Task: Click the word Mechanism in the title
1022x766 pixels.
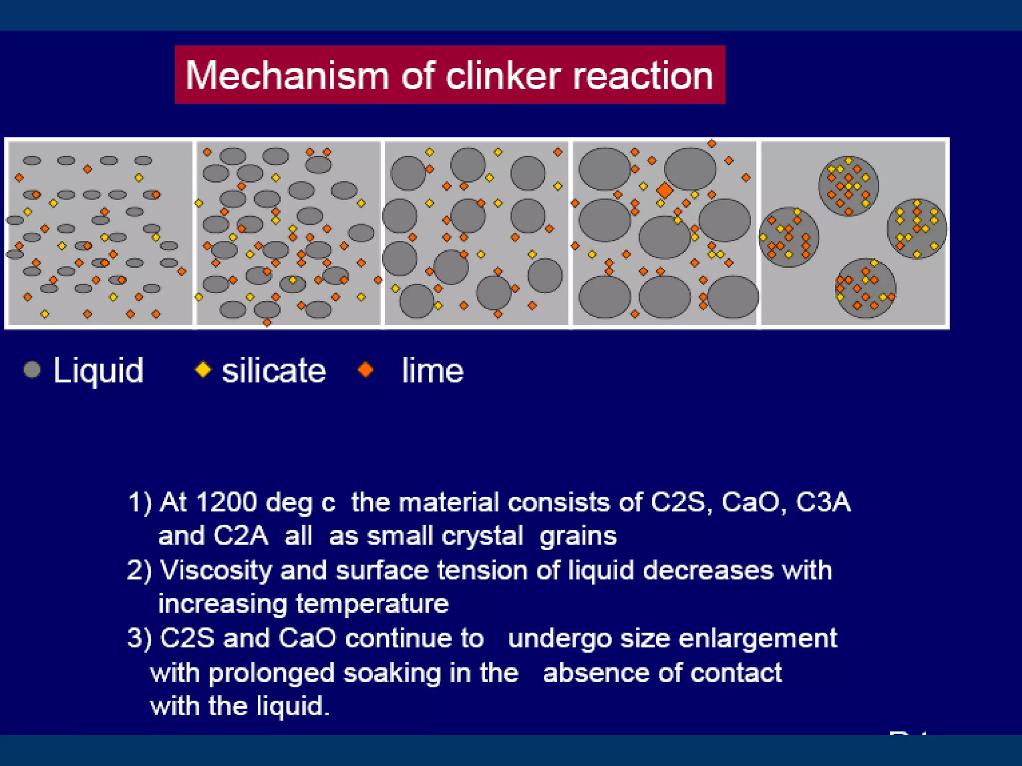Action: click(x=286, y=76)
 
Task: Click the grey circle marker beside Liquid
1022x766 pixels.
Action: click(x=32, y=370)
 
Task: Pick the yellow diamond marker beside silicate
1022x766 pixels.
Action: click(x=203, y=370)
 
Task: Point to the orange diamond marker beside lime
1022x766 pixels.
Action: click(x=366, y=370)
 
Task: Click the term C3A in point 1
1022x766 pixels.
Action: click(x=823, y=502)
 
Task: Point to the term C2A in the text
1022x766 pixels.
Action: click(x=241, y=536)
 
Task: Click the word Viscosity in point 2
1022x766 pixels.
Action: click(x=216, y=570)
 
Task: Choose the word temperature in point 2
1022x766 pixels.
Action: click(x=372, y=604)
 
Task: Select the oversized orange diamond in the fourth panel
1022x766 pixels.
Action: click(x=664, y=190)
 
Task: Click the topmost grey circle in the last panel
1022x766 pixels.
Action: click(x=848, y=186)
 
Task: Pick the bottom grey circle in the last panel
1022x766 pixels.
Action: click(x=866, y=288)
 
